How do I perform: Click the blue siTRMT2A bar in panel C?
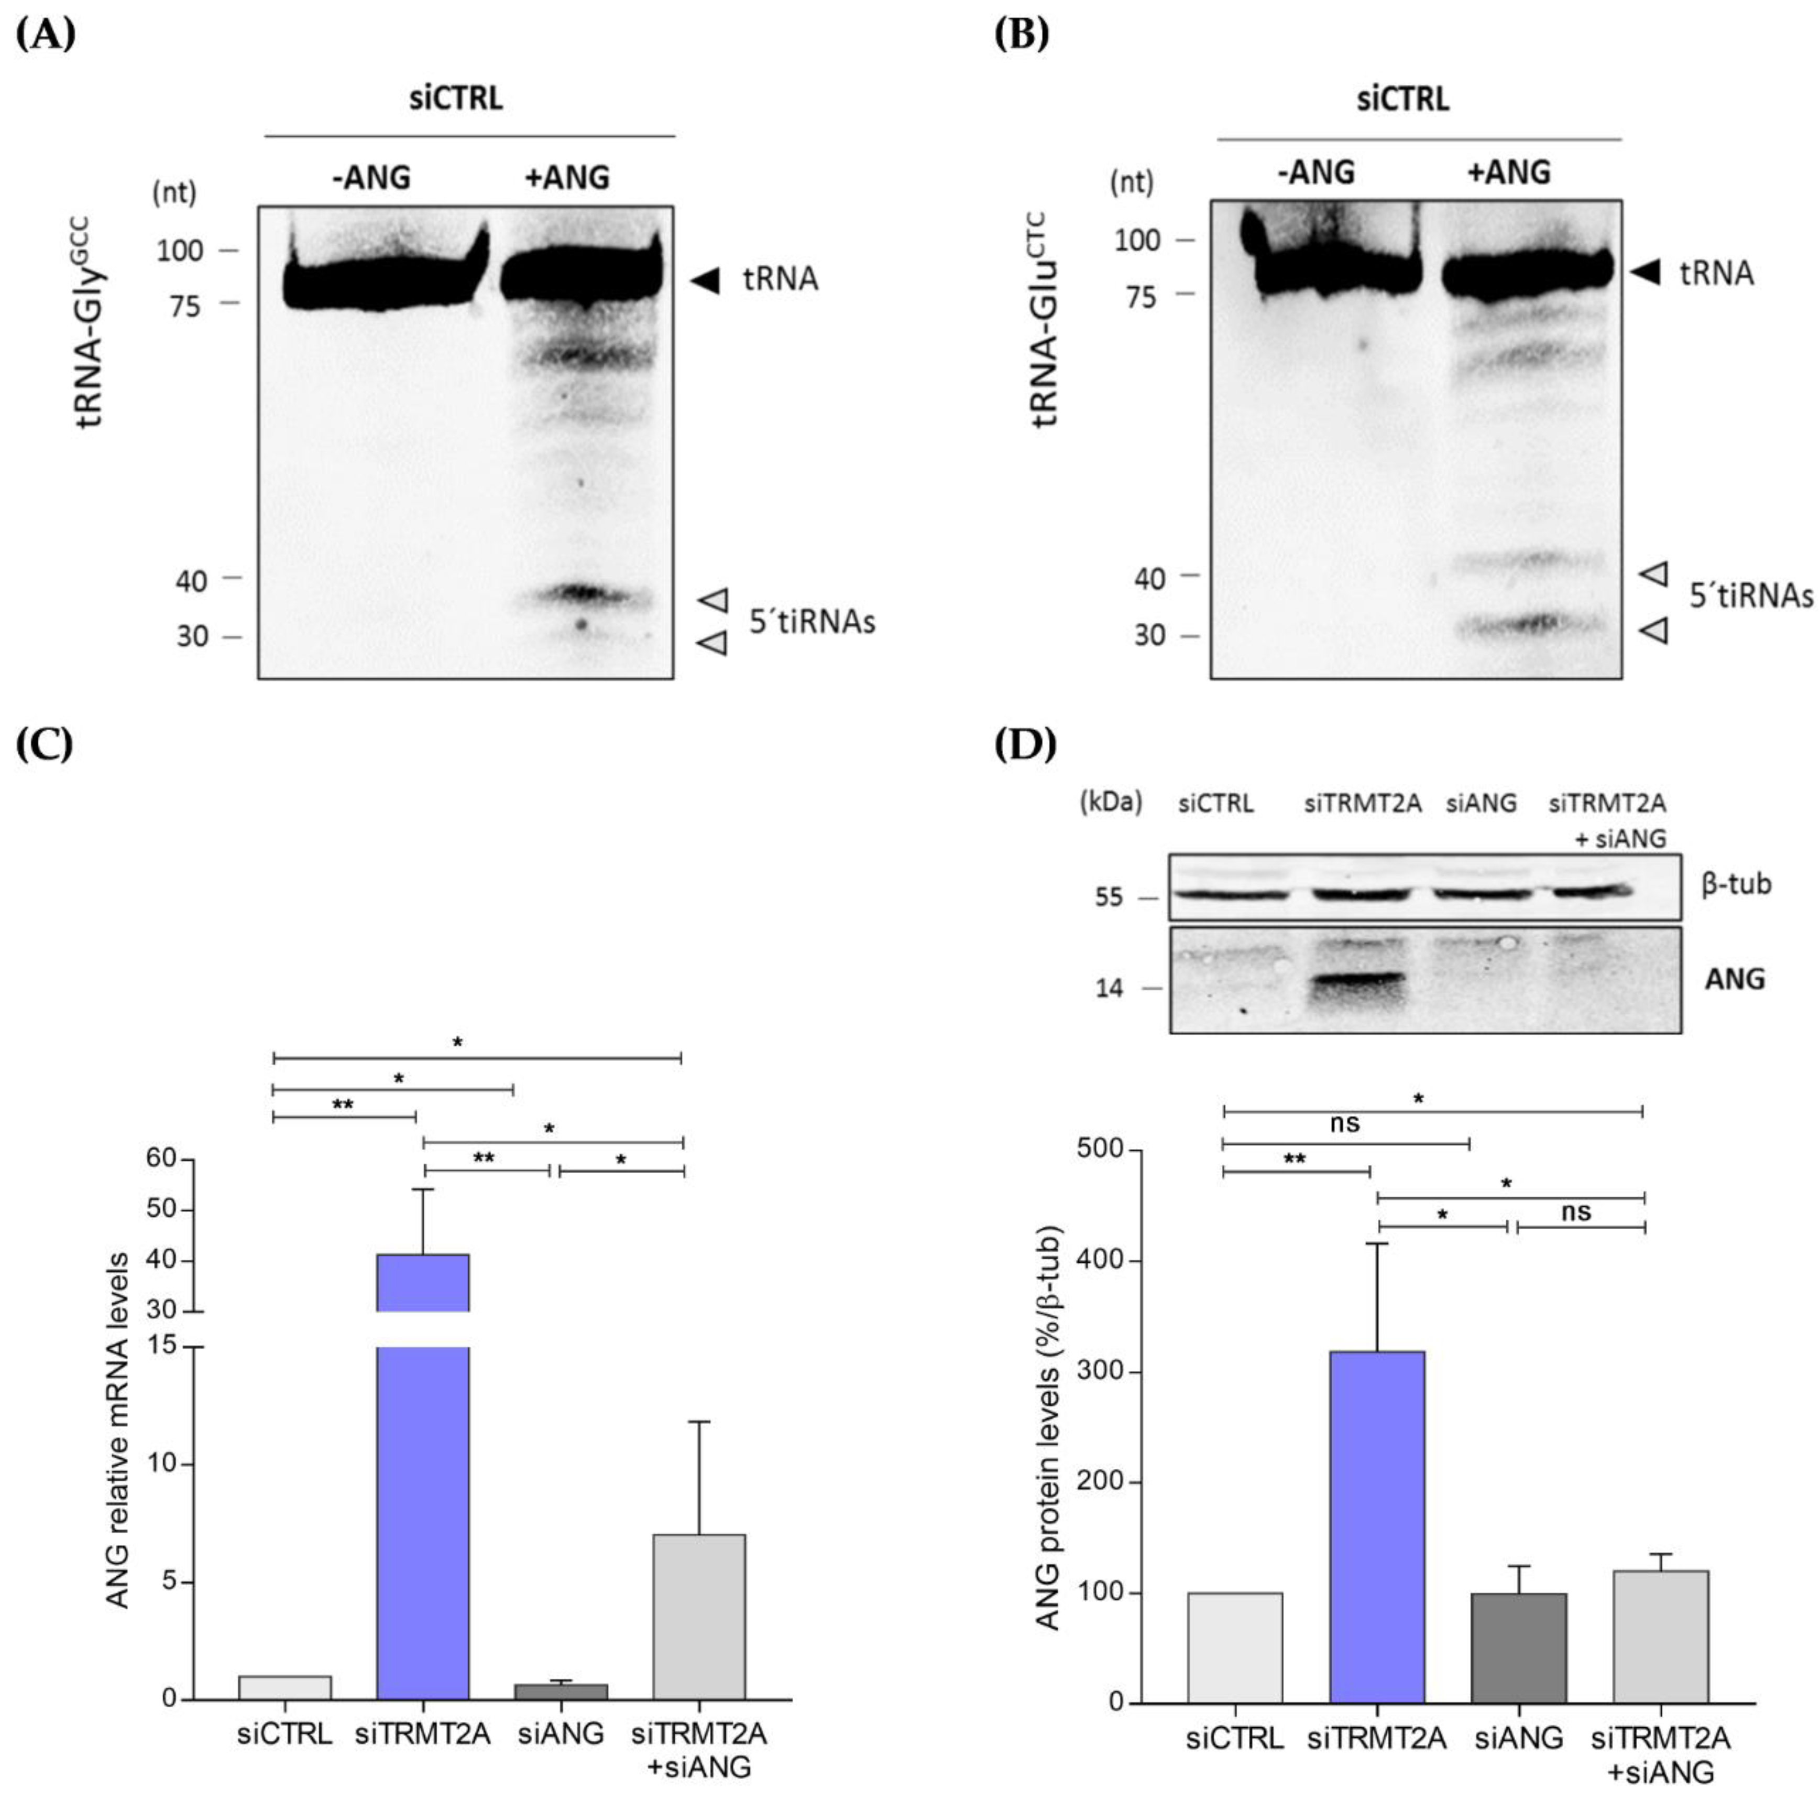tap(422, 1508)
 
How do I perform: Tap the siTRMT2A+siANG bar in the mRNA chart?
tap(699, 1616)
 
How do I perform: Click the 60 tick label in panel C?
tap(162, 1158)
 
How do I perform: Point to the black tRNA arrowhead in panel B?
tap(1645, 273)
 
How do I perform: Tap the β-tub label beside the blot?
tap(1736, 884)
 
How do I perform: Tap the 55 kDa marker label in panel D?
tap(1110, 897)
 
